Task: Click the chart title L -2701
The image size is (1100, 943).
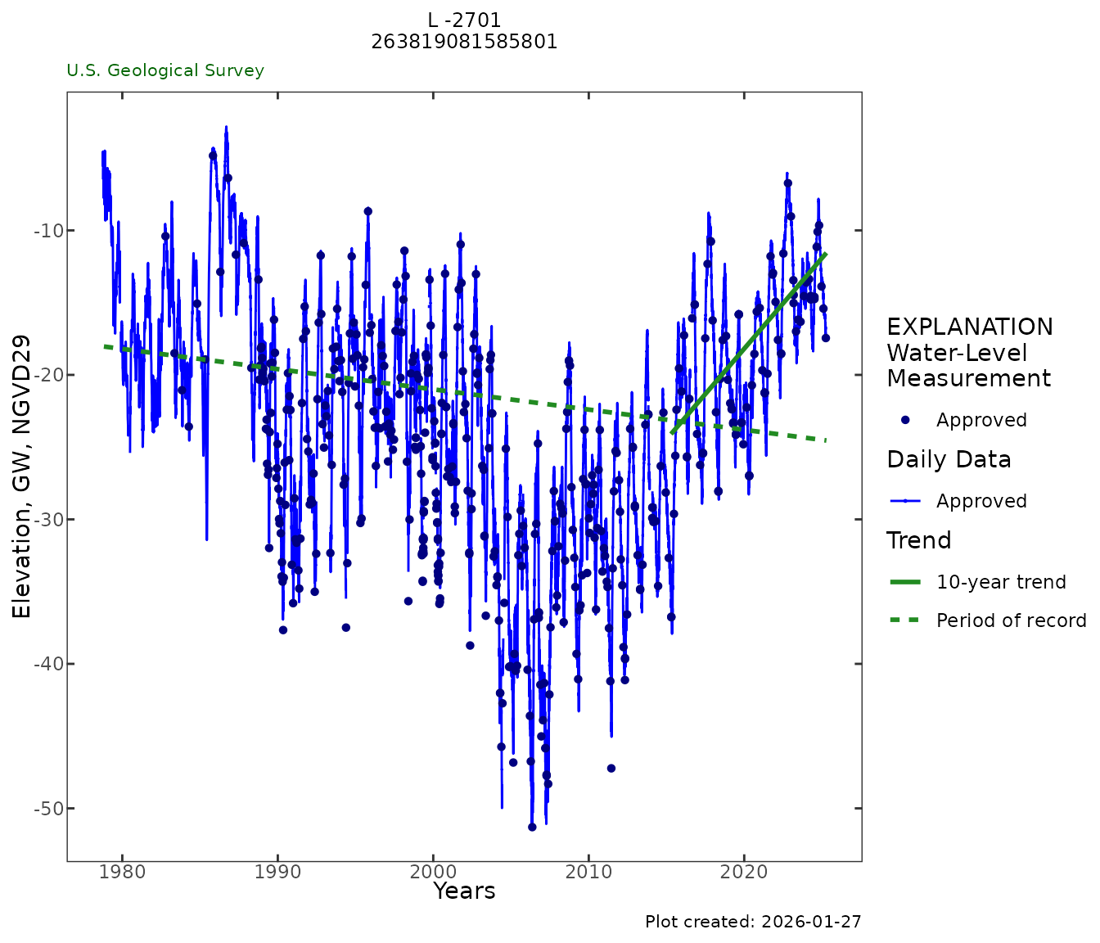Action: tap(464, 20)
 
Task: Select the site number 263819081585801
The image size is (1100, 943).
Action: tap(464, 42)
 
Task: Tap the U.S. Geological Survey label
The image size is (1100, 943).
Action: tap(165, 70)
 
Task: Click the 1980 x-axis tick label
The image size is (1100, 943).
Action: tap(122, 873)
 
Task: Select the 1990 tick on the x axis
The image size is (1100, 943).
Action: tap(277, 873)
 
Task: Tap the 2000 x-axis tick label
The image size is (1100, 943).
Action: tap(433, 873)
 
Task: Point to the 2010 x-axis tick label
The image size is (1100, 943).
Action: tap(588, 873)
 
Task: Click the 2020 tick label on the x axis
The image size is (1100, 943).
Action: tap(744, 873)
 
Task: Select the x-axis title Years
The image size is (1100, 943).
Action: tap(464, 891)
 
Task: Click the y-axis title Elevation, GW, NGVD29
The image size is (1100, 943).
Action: tap(21, 476)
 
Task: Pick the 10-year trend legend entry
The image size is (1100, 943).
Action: tap(1001, 582)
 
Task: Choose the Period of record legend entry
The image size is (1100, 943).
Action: tap(1011, 620)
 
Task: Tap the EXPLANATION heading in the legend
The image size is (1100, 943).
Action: tap(970, 327)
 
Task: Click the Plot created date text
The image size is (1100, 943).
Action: tap(753, 922)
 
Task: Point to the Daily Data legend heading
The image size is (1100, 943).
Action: tap(949, 460)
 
